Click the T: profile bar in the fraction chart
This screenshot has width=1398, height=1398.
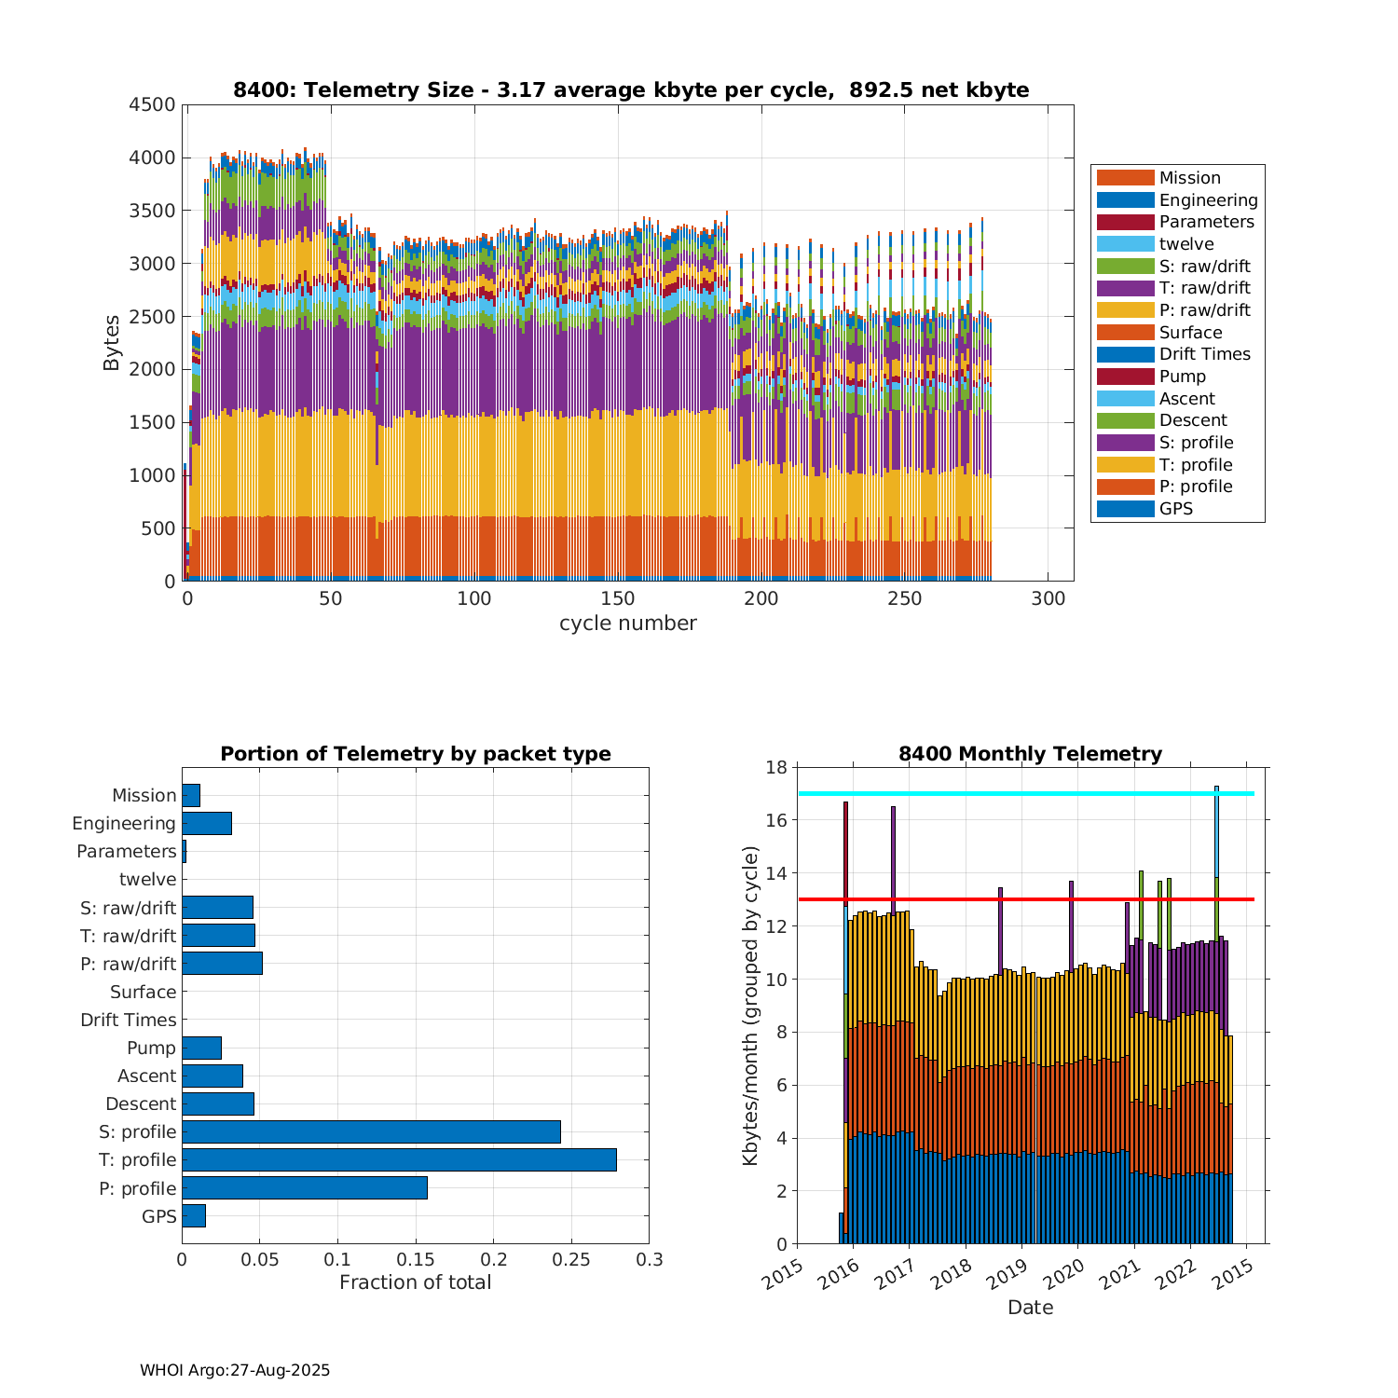(x=399, y=1159)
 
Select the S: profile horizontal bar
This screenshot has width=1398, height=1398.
(x=371, y=1131)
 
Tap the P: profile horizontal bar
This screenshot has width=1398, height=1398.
(x=305, y=1187)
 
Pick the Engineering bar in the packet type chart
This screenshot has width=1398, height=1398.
(x=207, y=823)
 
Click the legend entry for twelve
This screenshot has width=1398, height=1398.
(x=1186, y=244)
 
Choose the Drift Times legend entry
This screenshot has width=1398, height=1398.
(x=1204, y=354)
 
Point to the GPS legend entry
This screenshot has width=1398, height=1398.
(x=1175, y=509)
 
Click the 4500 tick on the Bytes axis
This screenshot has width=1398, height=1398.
(x=152, y=104)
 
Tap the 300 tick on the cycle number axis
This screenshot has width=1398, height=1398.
(x=1048, y=599)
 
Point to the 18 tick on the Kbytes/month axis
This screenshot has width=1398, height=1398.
(x=776, y=767)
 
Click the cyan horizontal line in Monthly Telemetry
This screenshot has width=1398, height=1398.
(x=1025, y=793)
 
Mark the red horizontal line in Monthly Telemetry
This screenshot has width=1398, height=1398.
(x=1025, y=899)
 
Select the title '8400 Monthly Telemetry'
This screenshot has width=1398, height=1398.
(x=1030, y=754)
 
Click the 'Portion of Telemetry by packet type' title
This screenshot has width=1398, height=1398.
(x=416, y=754)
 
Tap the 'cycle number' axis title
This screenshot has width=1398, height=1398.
(x=627, y=624)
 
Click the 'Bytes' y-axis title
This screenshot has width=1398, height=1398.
(x=112, y=343)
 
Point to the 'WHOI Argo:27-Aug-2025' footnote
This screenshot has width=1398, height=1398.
(x=235, y=1370)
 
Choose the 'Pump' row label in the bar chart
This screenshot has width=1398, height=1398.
(x=151, y=1048)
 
